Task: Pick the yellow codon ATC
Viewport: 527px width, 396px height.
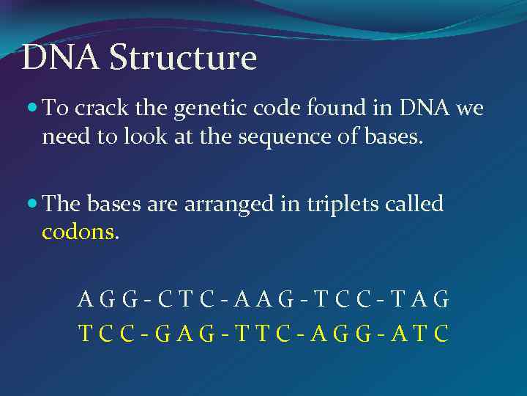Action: pos(419,334)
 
